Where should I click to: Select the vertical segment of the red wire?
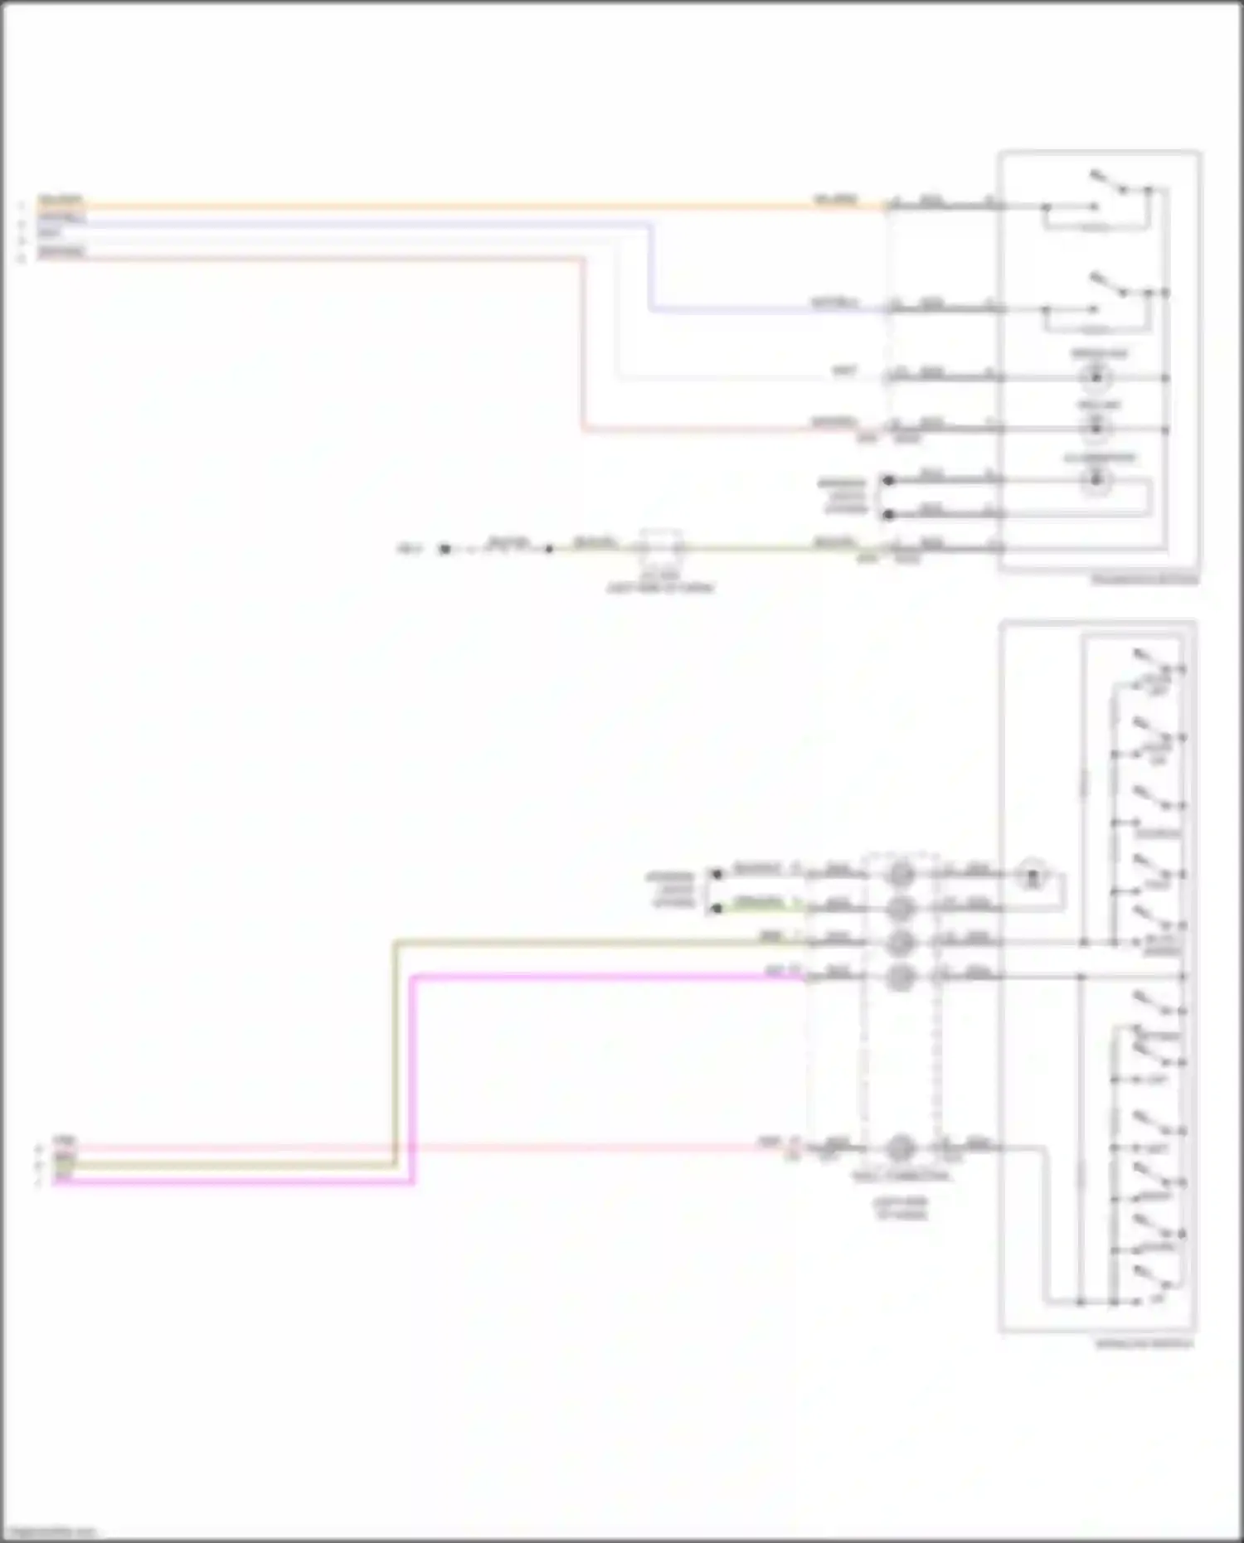point(583,344)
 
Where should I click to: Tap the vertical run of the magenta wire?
point(412,1078)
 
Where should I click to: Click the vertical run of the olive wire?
point(395,1053)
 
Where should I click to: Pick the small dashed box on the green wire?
point(660,547)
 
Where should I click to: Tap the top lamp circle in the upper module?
point(1097,378)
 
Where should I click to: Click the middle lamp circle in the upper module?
point(1097,428)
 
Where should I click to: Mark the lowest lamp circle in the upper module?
point(1097,479)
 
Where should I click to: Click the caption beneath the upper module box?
point(1144,580)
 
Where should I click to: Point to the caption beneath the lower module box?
point(1144,1343)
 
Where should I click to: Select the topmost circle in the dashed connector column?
point(901,874)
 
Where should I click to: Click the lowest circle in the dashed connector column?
point(901,1148)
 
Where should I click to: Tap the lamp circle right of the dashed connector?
point(1033,875)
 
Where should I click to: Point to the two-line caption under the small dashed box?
point(660,582)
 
